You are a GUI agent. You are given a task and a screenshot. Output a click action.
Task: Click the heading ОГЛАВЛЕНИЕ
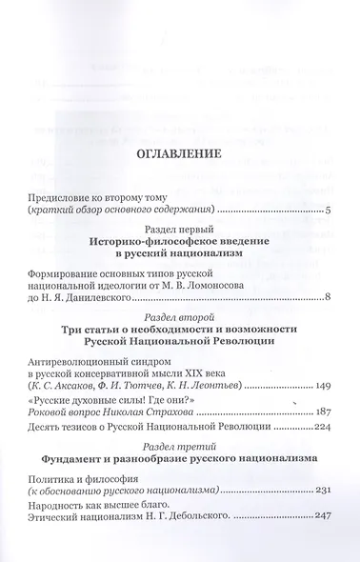pyautogui.click(x=179, y=153)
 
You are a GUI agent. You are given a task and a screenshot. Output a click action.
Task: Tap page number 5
pyautogui.click(x=327, y=211)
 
